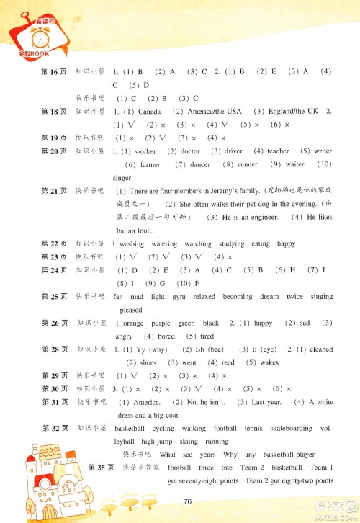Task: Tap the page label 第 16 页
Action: (54, 72)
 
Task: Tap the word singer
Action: (122, 177)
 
